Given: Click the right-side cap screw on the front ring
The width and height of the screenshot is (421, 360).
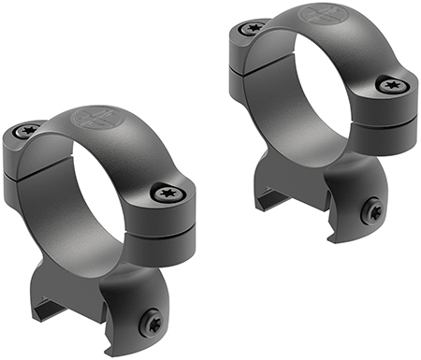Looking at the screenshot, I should click(x=168, y=194).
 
